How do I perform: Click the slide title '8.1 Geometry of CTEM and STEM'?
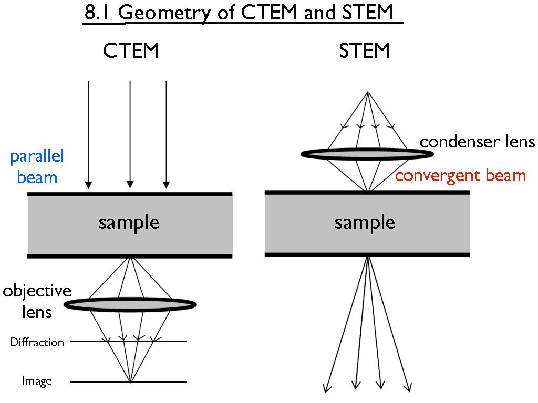243,13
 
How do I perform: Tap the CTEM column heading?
131,51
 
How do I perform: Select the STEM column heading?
365,51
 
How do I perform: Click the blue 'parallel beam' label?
37,166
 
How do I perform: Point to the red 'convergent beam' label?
460,175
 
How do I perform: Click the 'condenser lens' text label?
477,142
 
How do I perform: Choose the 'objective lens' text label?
37,302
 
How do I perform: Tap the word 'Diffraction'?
37,343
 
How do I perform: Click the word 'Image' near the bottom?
37,381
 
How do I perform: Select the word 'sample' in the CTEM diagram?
129,222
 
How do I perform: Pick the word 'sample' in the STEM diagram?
365,222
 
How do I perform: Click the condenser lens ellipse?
367,154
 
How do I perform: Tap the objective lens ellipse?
130,303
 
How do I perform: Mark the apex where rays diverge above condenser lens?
368,93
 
